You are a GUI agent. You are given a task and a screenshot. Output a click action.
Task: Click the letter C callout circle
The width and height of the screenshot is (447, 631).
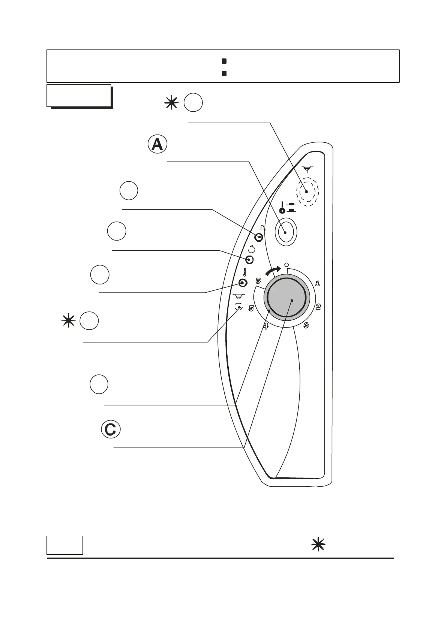pyautogui.click(x=111, y=429)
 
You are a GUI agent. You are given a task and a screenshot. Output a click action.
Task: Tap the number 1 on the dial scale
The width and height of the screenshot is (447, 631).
pyautogui.click(x=318, y=283)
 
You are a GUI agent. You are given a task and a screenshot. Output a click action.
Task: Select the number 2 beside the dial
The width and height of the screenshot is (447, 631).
pyautogui.click(x=318, y=307)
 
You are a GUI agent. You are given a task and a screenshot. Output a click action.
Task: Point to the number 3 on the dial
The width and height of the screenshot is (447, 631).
pyautogui.click(x=306, y=325)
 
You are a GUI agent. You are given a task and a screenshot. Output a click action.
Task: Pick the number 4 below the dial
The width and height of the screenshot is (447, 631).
pyautogui.click(x=265, y=326)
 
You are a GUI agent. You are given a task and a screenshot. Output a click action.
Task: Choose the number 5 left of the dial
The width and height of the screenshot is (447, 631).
pyautogui.click(x=251, y=308)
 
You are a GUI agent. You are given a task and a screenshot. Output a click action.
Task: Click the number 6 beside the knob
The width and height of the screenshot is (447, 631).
pyautogui.click(x=258, y=280)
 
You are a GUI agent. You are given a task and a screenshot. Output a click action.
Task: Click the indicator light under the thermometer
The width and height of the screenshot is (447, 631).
pyautogui.click(x=243, y=283)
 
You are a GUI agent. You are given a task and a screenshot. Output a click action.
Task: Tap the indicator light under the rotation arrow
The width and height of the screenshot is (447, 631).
pyautogui.click(x=250, y=260)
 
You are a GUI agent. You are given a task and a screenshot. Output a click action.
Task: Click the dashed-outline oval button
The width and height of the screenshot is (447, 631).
pyautogui.click(x=307, y=192)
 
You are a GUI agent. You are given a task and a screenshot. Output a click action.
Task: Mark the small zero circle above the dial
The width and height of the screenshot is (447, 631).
pyautogui.click(x=286, y=264)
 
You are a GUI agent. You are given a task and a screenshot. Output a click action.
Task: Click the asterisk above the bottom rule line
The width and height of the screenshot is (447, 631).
pyautogui.click(x=318, y=544)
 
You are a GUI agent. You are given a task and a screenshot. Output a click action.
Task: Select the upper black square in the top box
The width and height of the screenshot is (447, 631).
pyautogui.click(x=224, y=61)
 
